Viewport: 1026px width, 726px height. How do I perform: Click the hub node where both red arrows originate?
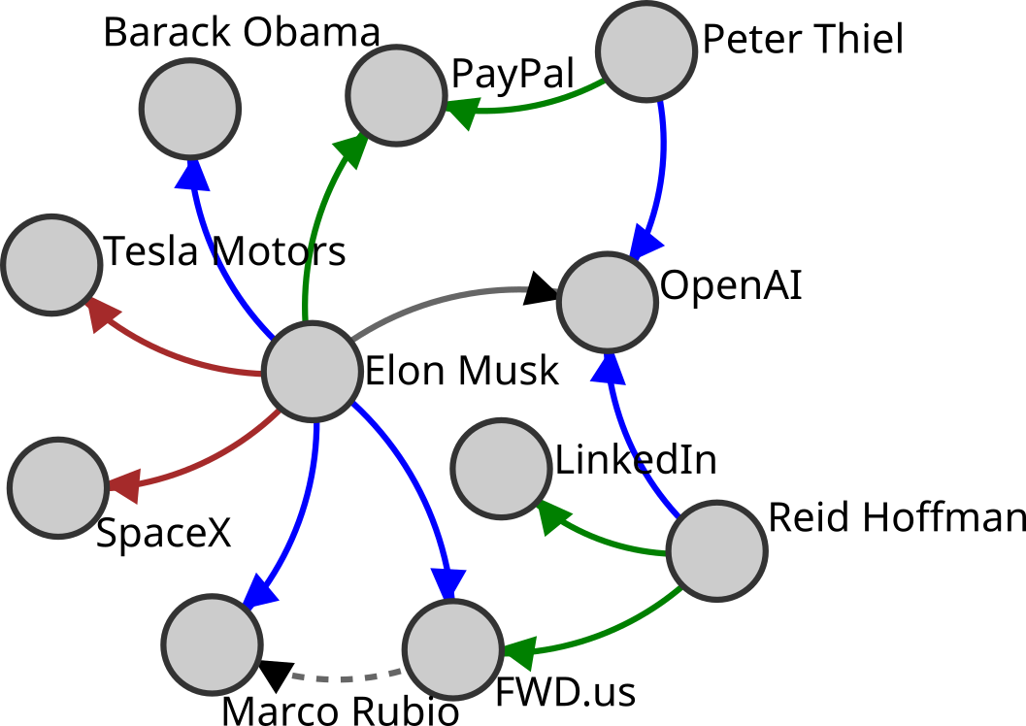[x=312, y=372]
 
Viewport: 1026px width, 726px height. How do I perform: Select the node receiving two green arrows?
[x=396, y=95]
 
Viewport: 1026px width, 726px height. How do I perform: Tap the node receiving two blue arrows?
[x=608, y=302]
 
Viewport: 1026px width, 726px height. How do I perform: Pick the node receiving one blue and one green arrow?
[x=452, y=649]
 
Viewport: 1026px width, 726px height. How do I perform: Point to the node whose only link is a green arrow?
[x=501, y=469]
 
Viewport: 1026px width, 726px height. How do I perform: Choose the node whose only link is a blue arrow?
[x=190, y=108]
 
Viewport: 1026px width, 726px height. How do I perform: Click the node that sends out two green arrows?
[x=716, y=550]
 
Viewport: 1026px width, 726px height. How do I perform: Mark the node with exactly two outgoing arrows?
[x=646, y=51]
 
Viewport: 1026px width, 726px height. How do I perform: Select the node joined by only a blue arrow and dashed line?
[x=212, y=644]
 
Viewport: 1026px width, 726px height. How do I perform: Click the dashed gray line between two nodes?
[x=346, y=677]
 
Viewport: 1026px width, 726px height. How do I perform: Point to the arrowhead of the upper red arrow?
[x=101, y=313]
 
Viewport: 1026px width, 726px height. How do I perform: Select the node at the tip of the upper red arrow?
[x=51, y=264]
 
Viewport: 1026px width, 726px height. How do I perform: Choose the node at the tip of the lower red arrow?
[x=57, y=487]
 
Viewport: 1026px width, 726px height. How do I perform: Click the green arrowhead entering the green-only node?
[x=551, y=515]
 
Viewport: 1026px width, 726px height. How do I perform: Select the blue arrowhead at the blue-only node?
[x=192, y=175]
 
